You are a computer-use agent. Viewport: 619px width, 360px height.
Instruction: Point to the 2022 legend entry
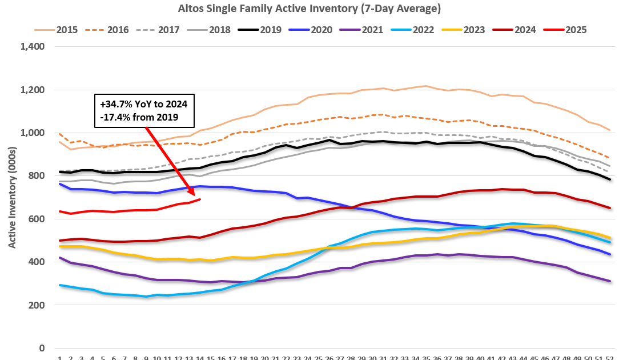coord(423,30)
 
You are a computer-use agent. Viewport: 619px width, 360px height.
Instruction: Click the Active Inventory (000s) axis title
coord(12,198)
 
